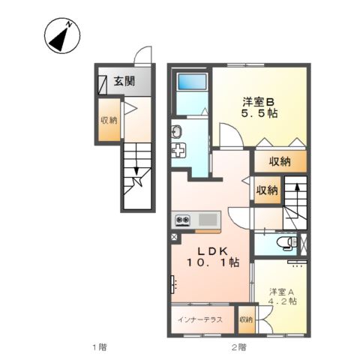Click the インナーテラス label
tap(199, 319)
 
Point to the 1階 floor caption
tap(99, 346)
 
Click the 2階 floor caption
tap(238, 346)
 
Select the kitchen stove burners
tap(183, 220)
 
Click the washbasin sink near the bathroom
tap(177, 133)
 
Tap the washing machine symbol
tap(179, 151)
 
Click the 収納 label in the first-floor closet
tap(109, 120)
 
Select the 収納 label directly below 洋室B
tap(280, 161)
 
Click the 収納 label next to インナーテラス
tap(246, 319)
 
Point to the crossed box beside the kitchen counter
tap(175, 238)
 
